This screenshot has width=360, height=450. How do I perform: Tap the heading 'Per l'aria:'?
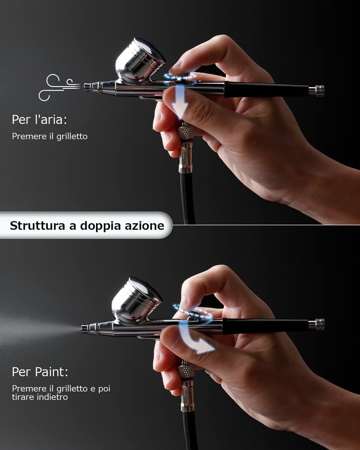pos(39,120)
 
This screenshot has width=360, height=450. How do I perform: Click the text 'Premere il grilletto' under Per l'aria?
pos(50,136)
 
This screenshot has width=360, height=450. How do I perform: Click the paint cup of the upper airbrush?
pos(139,61)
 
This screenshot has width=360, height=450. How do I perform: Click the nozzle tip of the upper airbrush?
pos(86,87)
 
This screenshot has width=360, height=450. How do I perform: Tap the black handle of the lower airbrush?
pos(265,326)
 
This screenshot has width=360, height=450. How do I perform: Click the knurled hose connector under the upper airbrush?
pos(186,132)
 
